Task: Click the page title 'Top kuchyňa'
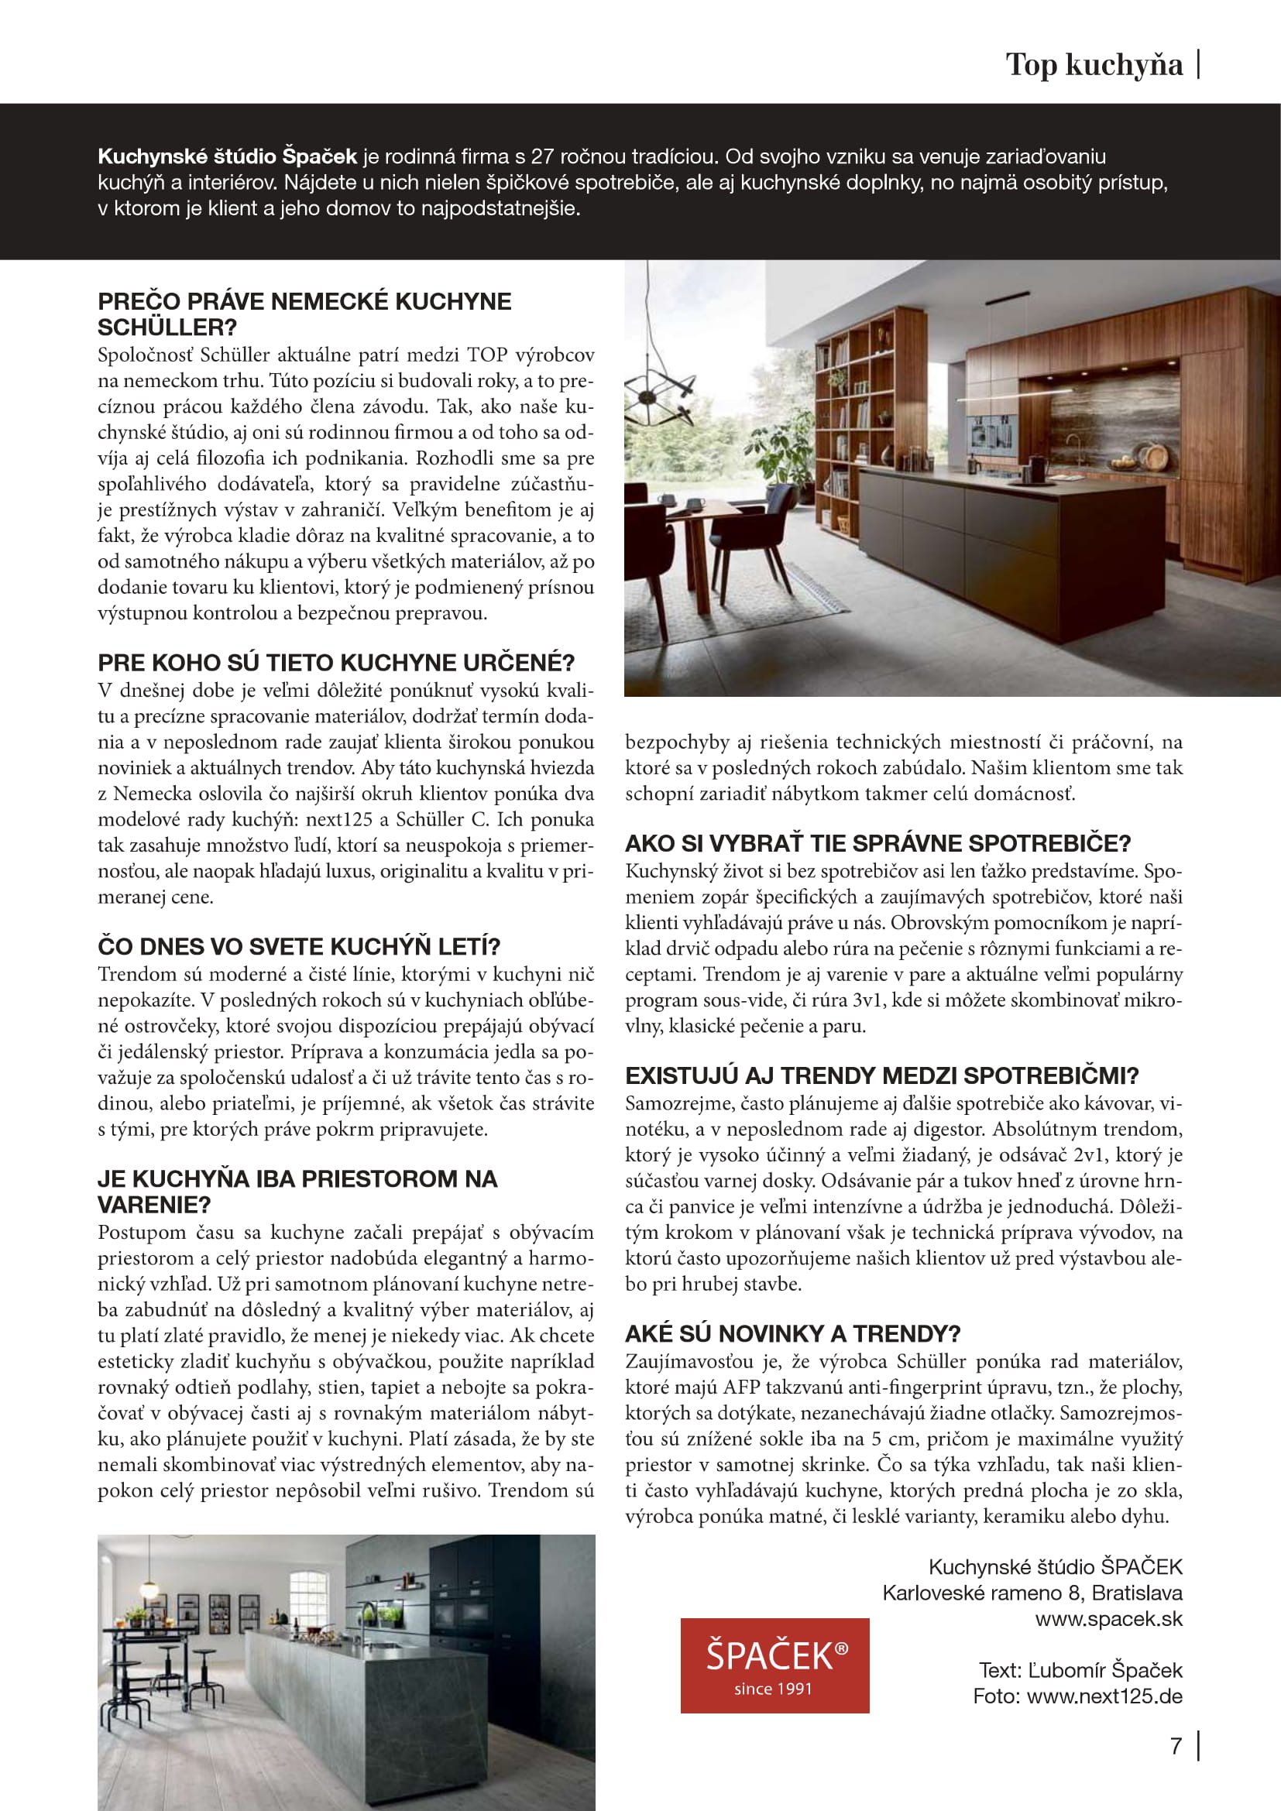coord(1094,65)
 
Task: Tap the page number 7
coord(1176,1745)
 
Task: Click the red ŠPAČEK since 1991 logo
coord(774,1665)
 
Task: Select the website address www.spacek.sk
coord(1108,1618)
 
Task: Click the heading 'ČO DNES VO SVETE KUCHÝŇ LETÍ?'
coord(299,945)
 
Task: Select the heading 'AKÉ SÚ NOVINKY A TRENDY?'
coord(792,1333)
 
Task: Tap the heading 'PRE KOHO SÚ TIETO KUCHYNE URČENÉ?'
coord(336,662)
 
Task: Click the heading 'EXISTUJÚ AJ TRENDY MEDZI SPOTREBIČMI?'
coord(881,1075)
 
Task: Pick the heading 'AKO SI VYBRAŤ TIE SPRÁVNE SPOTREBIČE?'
coord(877,843)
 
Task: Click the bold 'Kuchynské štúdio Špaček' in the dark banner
coord(227,156)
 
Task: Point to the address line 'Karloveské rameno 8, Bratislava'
coord(1032,1593)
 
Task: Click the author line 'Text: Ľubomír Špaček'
coord(1080,1670)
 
